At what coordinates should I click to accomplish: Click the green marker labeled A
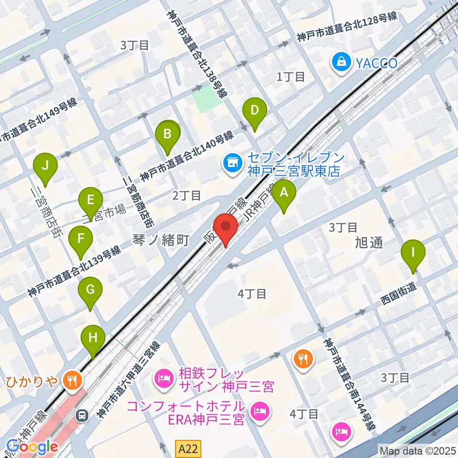click(x=284, y=193)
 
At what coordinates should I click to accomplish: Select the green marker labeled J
click(x=45, y=166)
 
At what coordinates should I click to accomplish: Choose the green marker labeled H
click(x=93, y=338)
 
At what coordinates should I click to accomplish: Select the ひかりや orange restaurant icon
click(x=73, y=380)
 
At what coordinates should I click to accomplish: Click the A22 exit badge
click(x=189, y=448)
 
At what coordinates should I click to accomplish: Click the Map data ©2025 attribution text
click(x=417, y=450)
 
